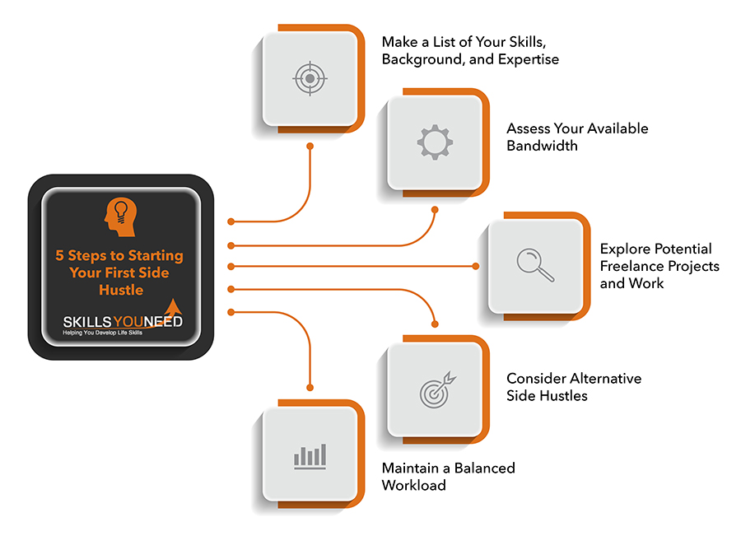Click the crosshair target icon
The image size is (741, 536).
309,80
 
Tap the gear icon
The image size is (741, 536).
434,142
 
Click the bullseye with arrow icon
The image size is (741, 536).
436,389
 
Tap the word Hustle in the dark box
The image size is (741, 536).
121,290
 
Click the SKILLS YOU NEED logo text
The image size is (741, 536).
123,322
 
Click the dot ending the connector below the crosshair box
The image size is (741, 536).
310,147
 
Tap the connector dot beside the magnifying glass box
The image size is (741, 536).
476,266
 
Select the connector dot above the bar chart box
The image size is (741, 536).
310,387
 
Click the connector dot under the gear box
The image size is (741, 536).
436,209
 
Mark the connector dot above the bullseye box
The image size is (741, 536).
436,324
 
